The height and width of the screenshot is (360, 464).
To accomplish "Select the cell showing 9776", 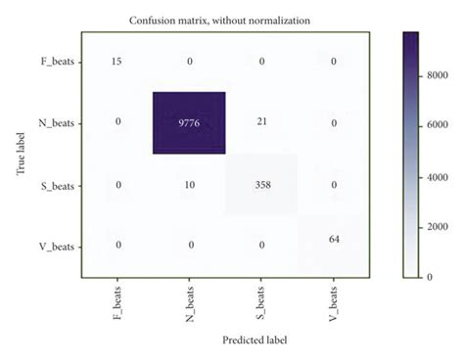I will tap(189, 123).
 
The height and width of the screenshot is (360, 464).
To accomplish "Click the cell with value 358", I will tap(261, 184).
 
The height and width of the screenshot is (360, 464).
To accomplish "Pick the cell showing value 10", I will tap(189, 184).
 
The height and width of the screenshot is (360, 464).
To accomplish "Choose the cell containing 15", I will tap(117, 62).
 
